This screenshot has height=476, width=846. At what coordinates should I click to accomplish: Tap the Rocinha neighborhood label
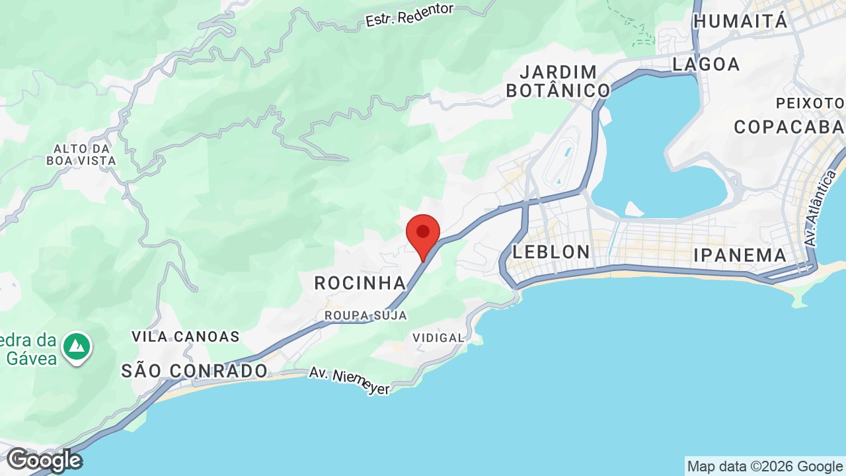(360, 283)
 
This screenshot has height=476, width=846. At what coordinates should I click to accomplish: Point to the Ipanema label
(740, 255)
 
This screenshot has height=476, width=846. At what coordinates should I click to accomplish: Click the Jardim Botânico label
(558, 81)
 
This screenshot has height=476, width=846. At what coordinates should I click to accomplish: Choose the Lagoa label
(706, 64)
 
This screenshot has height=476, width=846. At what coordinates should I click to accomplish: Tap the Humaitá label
(740, 21)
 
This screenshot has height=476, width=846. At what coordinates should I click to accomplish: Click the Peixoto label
(810, 103)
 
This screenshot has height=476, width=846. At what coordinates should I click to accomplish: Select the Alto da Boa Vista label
(81, 154)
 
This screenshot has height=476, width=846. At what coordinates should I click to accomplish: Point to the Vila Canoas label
(186, 337)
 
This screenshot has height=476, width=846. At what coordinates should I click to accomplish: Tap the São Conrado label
(194, 371)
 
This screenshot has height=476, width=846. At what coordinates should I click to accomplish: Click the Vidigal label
(438, 338)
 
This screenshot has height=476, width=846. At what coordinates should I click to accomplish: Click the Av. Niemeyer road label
(350, 381)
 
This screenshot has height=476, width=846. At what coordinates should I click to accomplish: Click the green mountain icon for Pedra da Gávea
(77, 346)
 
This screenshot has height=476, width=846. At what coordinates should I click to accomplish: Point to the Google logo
(44, 460)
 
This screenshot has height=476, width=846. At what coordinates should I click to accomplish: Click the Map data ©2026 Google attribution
(765, 467)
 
